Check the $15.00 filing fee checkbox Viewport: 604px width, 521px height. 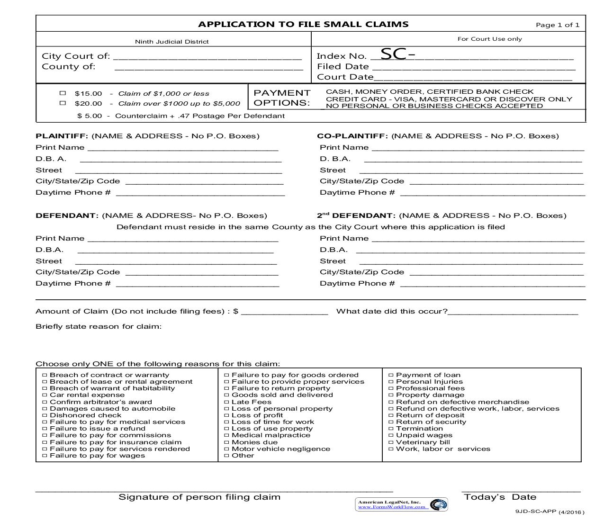(63, 93)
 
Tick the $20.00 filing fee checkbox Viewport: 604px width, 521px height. (63, 103)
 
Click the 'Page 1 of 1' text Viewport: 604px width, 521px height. (557, 25)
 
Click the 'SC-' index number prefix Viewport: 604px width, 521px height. (397, 54)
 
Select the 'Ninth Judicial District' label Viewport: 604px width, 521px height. (171, 42)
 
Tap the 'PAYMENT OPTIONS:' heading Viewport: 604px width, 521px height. (282, 98)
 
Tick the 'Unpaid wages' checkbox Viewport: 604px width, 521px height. (391, 435)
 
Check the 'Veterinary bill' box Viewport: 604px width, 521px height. (391, 442)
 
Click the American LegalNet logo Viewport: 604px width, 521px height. (438, 504)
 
